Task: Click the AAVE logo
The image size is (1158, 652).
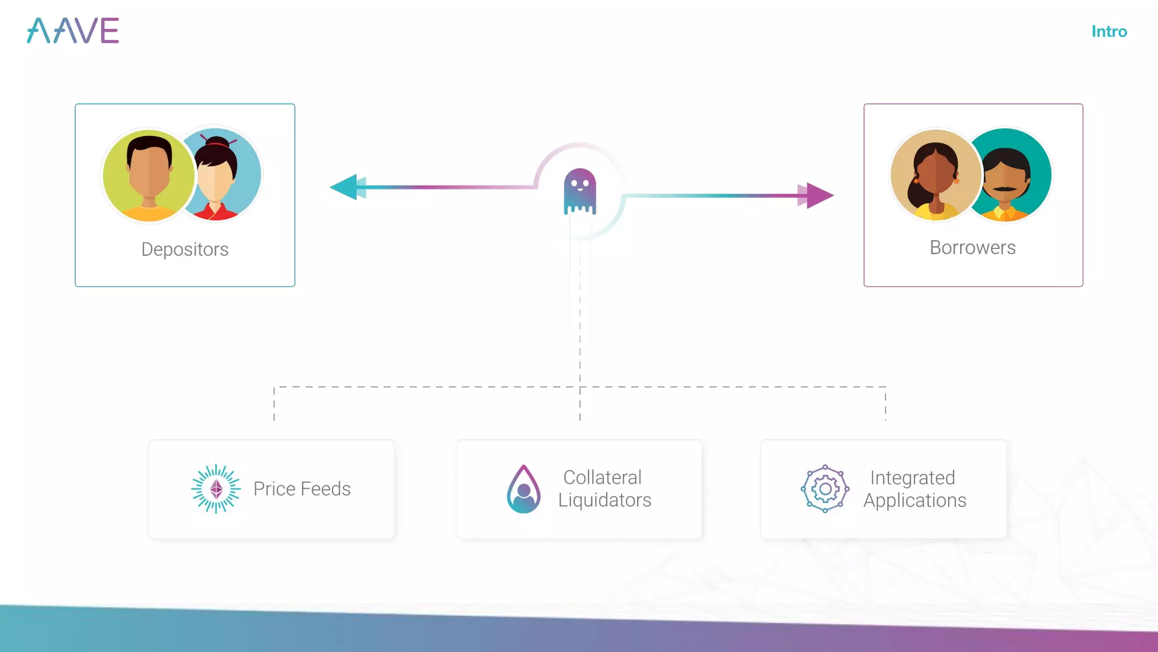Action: tap(73, 31)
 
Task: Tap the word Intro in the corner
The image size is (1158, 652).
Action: tap(1109, 32)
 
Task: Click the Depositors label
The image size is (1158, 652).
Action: tap(185, 250)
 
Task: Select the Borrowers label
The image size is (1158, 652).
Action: tap(973, 248)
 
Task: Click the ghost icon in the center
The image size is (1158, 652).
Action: tap(580, 191)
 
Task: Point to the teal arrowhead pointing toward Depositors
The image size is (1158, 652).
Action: tap(344, 187)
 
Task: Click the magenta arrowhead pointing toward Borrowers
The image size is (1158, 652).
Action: tap(819, 196)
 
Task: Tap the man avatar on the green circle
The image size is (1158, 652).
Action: tap(149, 174)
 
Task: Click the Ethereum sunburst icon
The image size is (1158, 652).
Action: tap(216, 489)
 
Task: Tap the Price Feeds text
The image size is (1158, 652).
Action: tap(302, 489)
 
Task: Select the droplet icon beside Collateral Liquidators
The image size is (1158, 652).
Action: tap(524, 489)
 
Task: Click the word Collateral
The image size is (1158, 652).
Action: tap(602, 478)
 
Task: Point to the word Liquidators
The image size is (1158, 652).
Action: tap(604, 500)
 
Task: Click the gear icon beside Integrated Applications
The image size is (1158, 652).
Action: tap(825, 489)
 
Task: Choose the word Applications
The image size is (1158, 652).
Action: tap(914, 501)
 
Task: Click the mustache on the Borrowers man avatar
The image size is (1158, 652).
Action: tap(1004, 189)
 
